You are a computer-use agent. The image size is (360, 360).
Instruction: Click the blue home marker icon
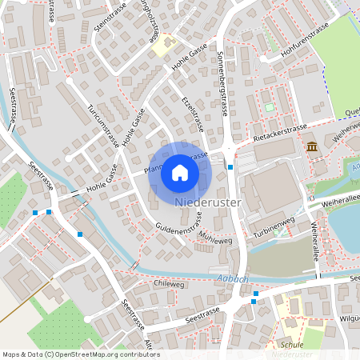tap(180, 172)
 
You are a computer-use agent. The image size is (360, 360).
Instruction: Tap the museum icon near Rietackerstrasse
tap(311, 146)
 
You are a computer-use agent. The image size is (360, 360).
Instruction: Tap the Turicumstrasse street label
tap(104, 126)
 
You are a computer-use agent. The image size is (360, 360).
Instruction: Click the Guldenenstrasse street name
tap(178, 229)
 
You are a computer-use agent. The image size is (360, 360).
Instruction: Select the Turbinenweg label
tap(273, 223)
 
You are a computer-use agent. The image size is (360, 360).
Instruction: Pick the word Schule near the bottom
tap(293, 344)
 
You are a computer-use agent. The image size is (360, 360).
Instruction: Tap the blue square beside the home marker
tap(230, 167)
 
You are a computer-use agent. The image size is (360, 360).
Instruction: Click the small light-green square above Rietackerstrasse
tap(269, 106)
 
